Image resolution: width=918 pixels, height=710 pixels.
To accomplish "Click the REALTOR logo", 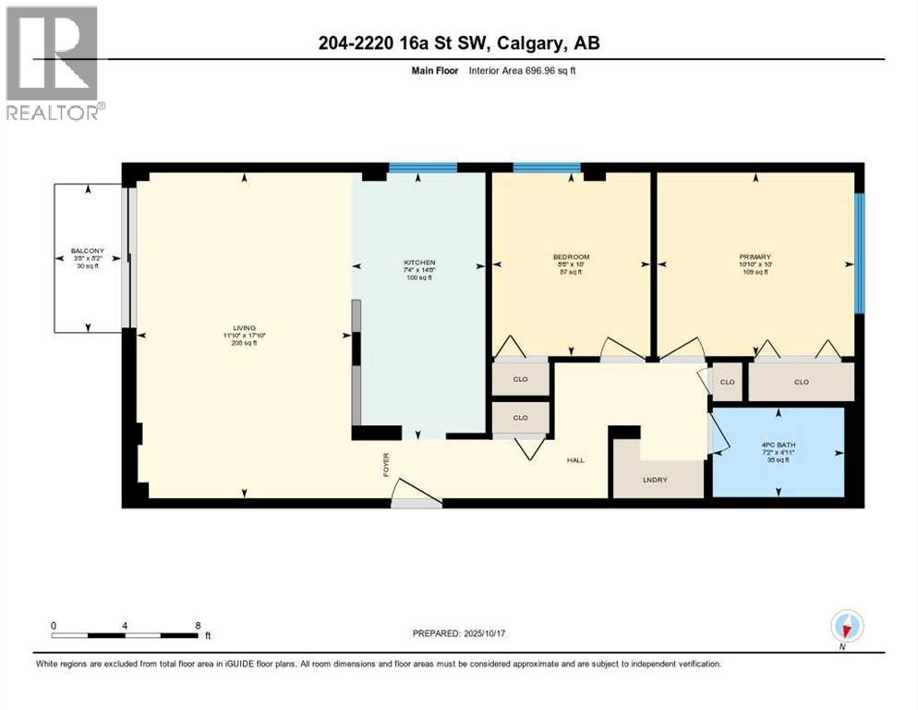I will coord(54,63).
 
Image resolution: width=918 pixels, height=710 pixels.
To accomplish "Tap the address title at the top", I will coord(458,43).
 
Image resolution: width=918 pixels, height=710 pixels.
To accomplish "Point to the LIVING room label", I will coord(244,327).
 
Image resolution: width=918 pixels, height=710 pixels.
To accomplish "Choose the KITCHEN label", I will coord(418,263).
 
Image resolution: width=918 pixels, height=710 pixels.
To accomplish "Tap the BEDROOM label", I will coord(571,257).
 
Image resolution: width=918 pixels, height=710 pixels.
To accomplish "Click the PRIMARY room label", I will coord(755,257).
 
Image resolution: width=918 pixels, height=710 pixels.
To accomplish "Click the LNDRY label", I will coord(656,479).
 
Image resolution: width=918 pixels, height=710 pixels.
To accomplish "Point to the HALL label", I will coord(575,459).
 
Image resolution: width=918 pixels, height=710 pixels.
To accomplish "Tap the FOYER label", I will coord(387,461).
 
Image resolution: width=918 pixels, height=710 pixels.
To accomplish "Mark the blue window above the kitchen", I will coord(422,167).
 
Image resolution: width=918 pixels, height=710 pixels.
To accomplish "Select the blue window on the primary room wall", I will coord(859,253).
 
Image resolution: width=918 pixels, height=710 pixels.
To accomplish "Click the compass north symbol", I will coord(846,628).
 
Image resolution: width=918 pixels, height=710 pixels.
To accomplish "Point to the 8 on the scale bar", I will coord(198,626).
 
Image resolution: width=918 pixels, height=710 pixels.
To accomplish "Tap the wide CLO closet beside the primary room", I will coord(800,382).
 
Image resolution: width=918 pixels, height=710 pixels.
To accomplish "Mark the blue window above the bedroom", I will coord(547,167).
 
